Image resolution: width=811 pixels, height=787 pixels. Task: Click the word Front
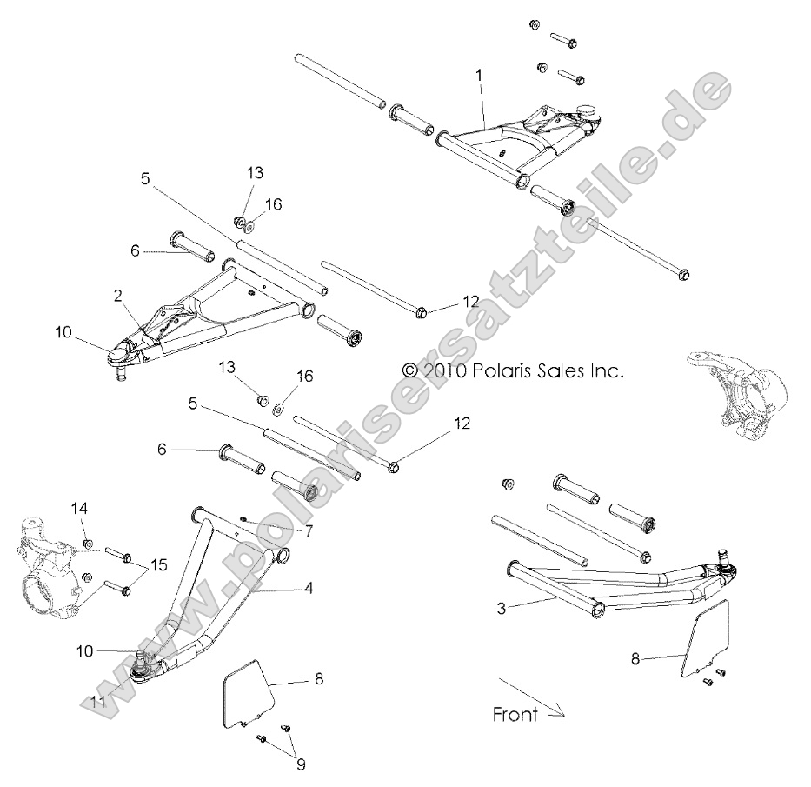[x=515, y=715]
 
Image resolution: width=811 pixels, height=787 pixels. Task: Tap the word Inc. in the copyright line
[x=605, y=370]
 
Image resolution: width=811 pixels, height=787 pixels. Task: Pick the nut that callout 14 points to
[x=88, y=544]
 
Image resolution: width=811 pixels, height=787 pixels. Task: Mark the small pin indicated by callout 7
[x=245, y=520]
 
